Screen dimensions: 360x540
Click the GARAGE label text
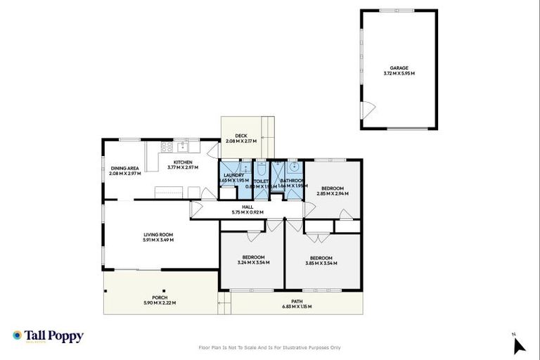pos(399,68)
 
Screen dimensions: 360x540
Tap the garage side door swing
pos(368,110)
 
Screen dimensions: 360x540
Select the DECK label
pos(241,135)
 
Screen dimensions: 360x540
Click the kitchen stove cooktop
pos(168,147)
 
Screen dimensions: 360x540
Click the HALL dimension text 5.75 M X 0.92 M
pos(247,212)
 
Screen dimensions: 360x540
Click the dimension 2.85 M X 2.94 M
pos(333,194)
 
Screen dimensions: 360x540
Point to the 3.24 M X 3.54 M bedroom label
pos(253,262)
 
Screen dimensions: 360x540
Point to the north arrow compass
pos(519,345)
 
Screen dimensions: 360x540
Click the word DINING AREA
pos(124,168)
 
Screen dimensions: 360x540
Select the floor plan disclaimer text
pos(269,347)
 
